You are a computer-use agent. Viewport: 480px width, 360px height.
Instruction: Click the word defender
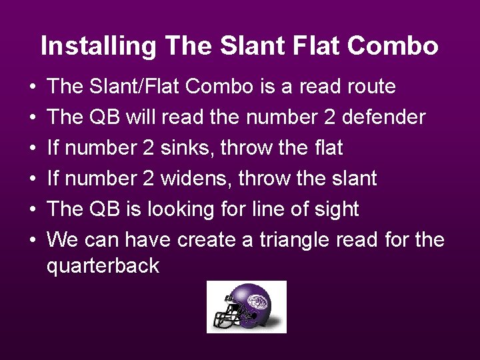pos(384,117)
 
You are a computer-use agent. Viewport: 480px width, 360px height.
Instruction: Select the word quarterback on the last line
pos(103,266)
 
